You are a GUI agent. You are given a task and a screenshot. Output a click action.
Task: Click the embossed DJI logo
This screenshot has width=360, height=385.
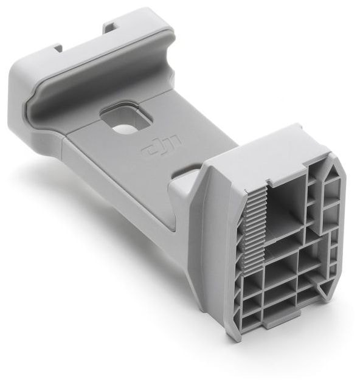point(161,146)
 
